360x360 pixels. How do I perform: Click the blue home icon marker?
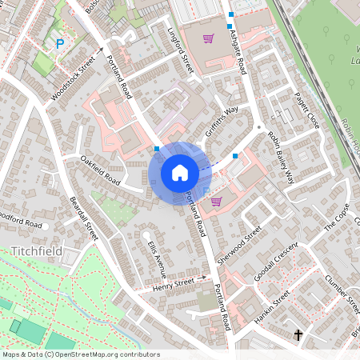[180, 173]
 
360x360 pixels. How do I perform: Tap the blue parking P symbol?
[60, 44]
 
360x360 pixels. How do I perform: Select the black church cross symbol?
[299, 334]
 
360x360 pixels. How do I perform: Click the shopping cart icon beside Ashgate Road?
[208, 38]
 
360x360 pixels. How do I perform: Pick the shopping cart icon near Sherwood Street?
[216, 202]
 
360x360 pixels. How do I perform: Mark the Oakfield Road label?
[100, 171]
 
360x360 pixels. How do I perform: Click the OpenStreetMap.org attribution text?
[107, 354]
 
